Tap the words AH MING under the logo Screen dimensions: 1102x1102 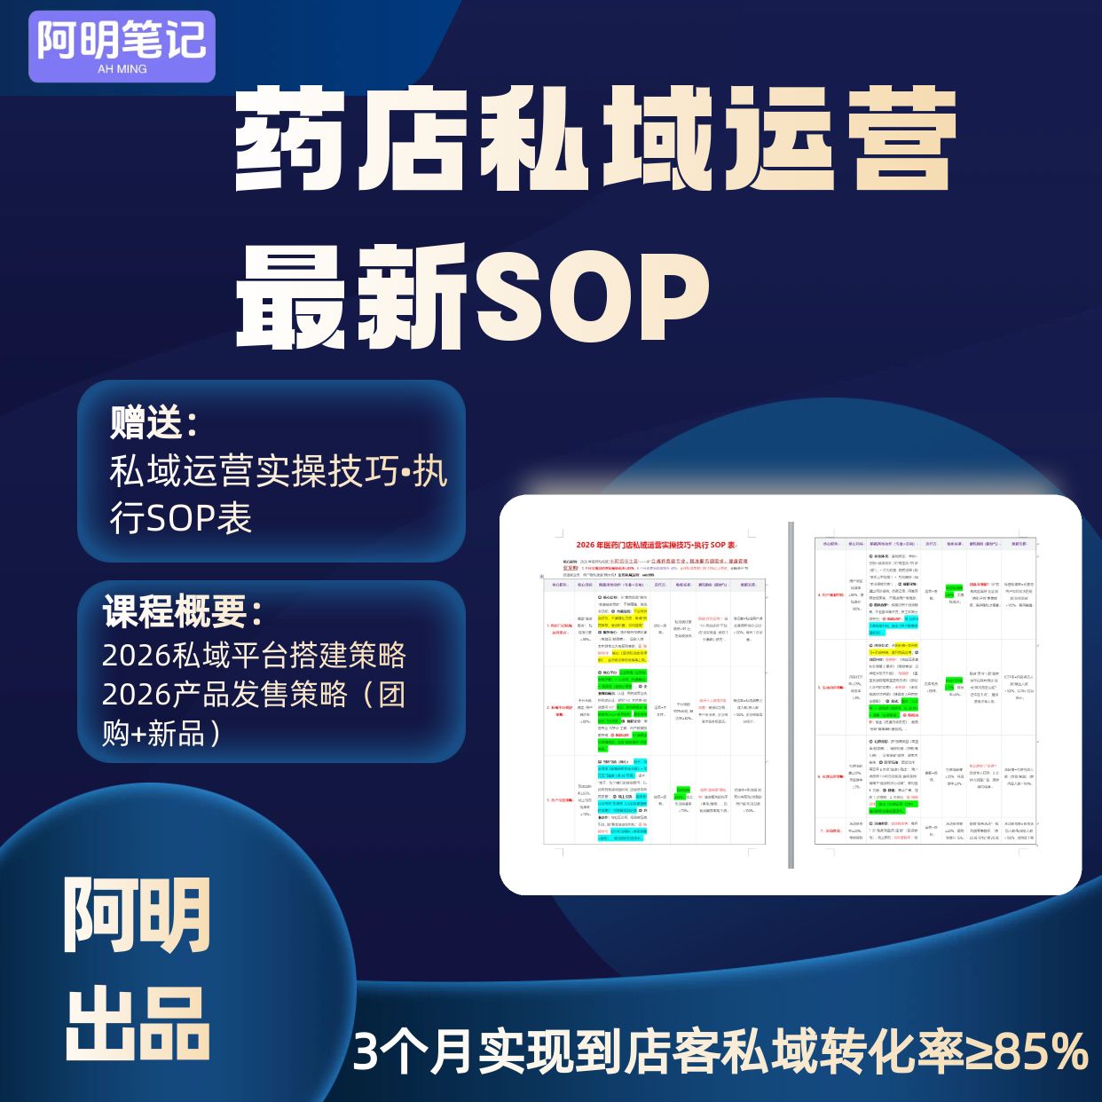click(x=122, y=69)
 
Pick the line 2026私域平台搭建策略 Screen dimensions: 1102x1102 click(x=254, y=656)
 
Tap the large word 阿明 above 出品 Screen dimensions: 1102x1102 click(x=138, y=914)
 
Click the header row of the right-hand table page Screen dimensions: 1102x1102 click(x=925, y=543)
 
